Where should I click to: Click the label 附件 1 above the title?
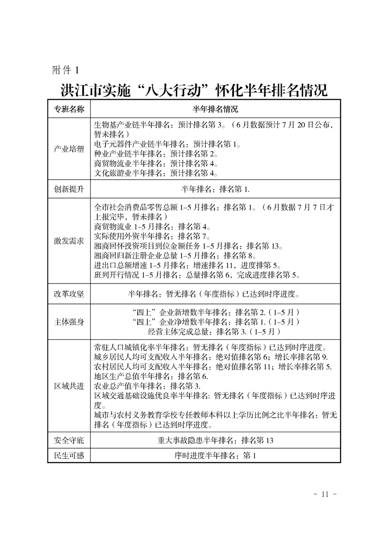tap(65, 70)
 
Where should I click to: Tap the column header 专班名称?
tap(69, 108)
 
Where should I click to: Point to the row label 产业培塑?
tap(69, 149)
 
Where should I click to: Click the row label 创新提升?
tap(69, 189)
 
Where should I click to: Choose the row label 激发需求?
tap(69, 241)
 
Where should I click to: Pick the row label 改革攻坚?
tap(69, 293)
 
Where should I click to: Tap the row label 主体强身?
tap(69, 321)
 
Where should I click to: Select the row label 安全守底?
tap(69, 440)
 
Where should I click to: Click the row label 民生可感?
tap(69, 455)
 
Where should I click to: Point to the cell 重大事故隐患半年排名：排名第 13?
tap(215, 440)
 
